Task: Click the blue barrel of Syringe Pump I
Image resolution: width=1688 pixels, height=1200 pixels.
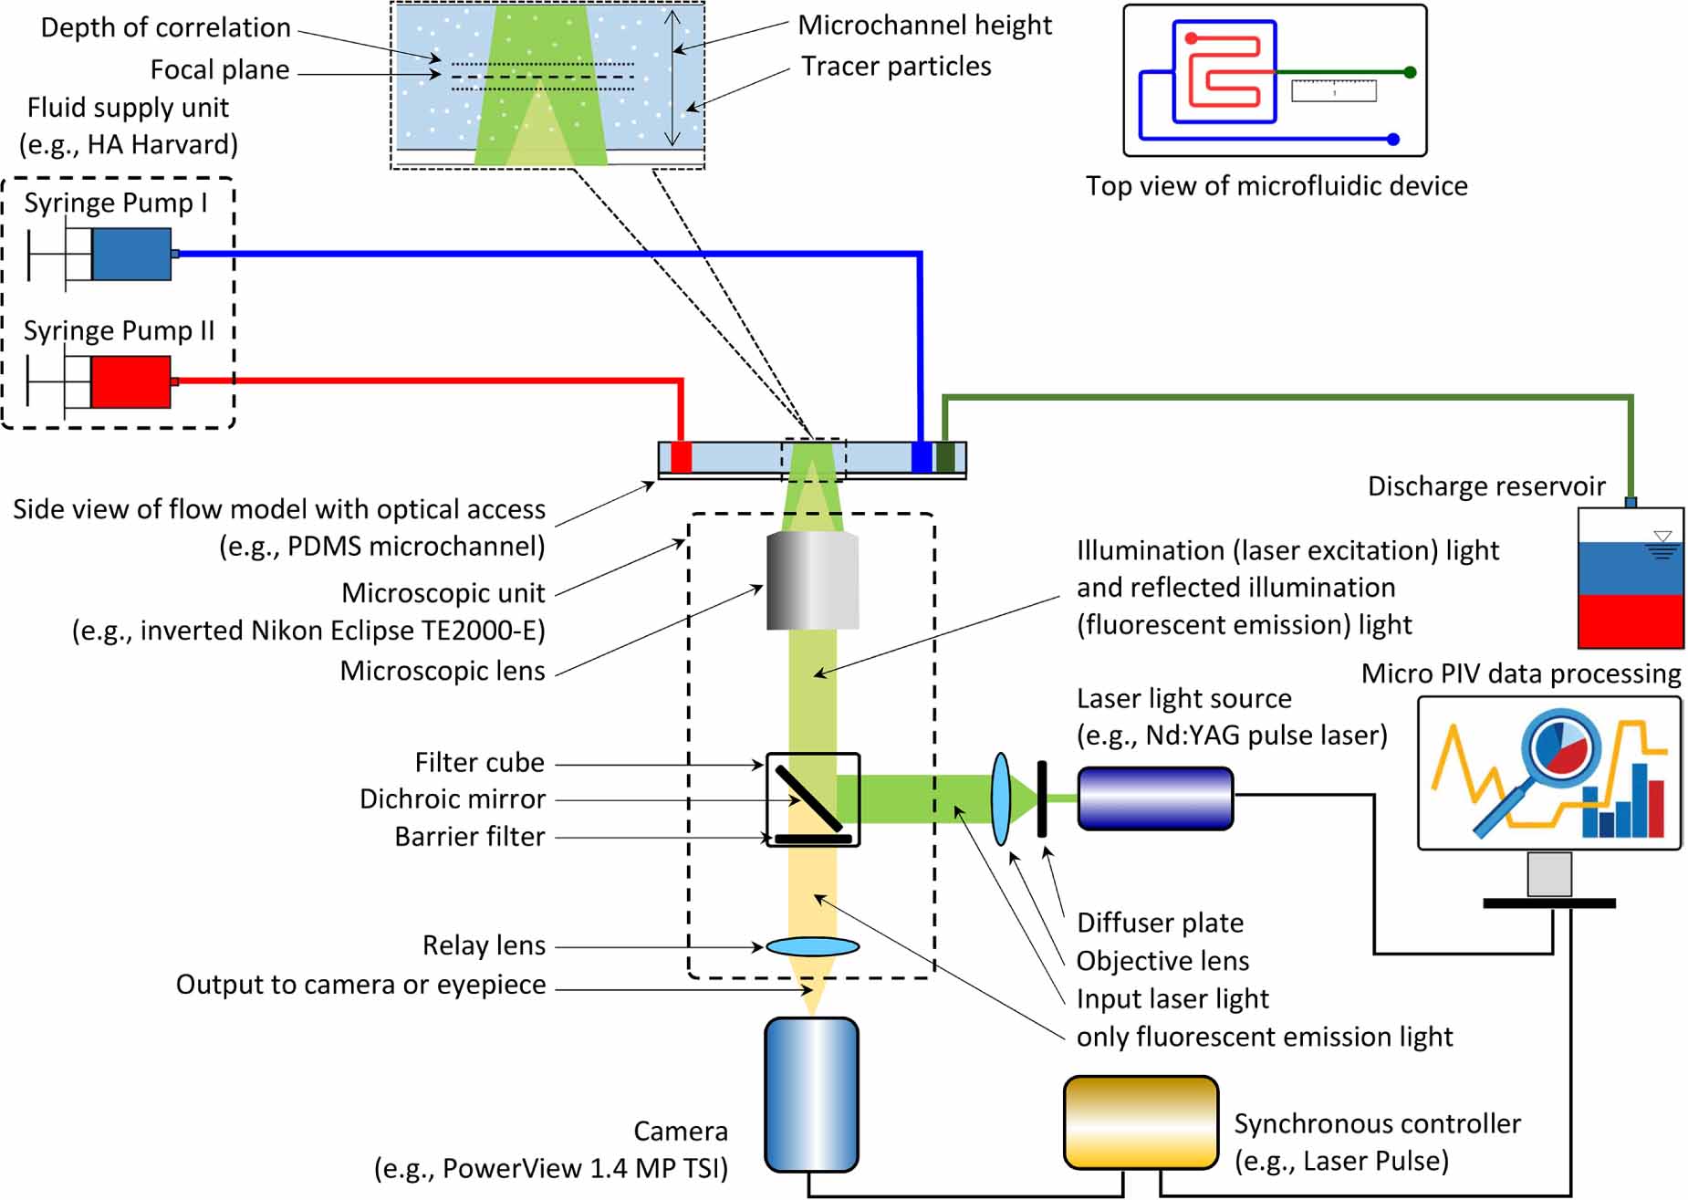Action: [x=131, y=254]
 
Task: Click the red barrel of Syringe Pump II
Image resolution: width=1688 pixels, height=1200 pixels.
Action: [x=130, y=381]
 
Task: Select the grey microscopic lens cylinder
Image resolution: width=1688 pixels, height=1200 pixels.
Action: [x=812, y=581]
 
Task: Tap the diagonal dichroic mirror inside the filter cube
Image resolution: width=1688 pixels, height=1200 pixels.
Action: [x=808, y=798]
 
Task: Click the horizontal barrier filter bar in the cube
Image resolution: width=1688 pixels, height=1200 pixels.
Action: [x=812, y=838]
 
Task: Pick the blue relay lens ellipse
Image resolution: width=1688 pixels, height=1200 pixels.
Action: [x=812, y=946]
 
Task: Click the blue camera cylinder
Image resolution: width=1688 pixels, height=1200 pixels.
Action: [x=811, y=1093]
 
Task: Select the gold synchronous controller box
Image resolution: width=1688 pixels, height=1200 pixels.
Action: [x=1141, y=1122]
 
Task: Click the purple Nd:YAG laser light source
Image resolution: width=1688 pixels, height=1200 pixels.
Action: [x=1155, y=798]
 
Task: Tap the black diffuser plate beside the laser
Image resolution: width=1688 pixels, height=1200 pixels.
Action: [x=1041, y=798]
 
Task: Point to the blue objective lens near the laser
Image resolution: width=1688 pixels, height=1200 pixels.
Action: [x=1001, y=798]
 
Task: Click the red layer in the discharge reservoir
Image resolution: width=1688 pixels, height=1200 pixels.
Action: [x=1630, y=621]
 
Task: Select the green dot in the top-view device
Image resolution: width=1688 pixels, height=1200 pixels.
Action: [x=1410, y=72]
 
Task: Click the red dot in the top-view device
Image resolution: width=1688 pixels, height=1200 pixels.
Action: [x=1191, y=38]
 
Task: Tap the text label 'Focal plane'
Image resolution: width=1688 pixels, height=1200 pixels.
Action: [x=220, y=70]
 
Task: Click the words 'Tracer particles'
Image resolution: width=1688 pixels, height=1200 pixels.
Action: [x=896, y=67]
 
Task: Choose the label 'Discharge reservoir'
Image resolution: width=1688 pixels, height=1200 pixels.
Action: [x=1485, y=486]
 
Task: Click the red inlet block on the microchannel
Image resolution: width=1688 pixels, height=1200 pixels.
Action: [x=681, y=456]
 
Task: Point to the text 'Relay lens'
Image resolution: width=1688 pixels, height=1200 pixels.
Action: [x=484, y=945]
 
